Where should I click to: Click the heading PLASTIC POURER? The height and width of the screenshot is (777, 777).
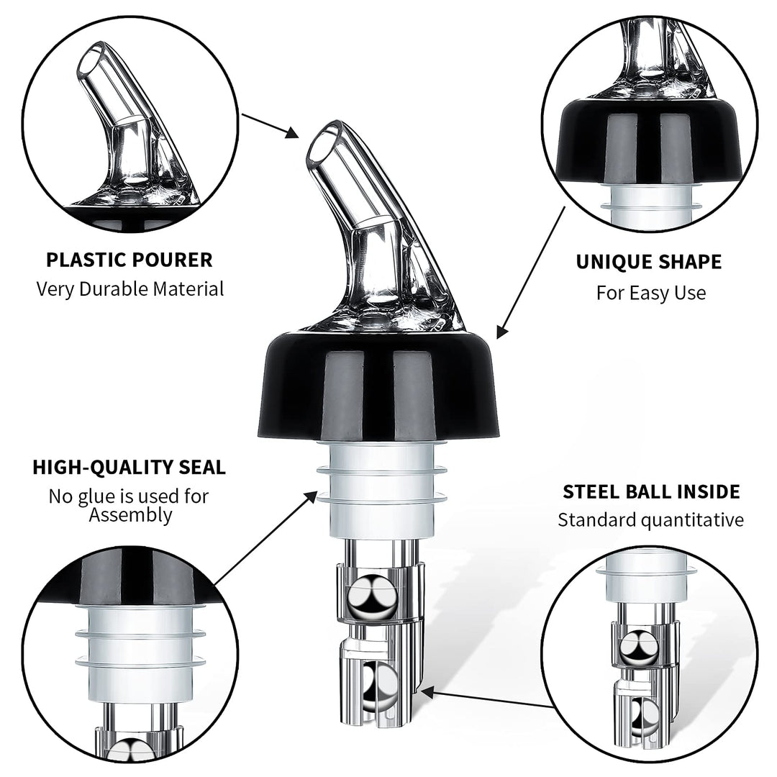tap(129, 260)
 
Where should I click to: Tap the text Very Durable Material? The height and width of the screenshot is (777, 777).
tap(129, 289)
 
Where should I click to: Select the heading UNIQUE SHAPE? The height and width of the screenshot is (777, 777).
tap(648, 262)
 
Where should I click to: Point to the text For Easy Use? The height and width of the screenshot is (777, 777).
tap(650, 293)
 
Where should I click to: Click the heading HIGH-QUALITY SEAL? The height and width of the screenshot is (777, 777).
tap(129, 467)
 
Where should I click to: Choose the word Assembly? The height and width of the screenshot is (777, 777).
tap(130, 514)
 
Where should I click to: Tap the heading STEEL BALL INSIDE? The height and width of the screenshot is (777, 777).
tap(650, 492)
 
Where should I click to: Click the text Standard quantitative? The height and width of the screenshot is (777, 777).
tap(650, 520)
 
